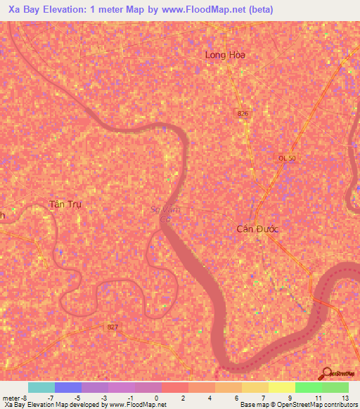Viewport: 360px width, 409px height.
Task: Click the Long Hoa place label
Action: [224, 54]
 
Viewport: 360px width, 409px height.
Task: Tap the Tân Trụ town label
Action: [66, 204]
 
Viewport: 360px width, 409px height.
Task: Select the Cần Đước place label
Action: [257, 229]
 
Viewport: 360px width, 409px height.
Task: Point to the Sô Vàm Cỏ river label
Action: [167, 214]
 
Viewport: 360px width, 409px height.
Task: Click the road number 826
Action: [243, 114]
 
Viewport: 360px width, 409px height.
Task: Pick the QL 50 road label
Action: [287, 159]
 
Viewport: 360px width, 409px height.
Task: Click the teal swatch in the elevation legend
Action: [41, 387]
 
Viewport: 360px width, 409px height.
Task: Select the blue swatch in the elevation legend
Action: [68, 387]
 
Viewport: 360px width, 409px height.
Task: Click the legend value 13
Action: [345, 398]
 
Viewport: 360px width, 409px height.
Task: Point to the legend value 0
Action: [155, 398]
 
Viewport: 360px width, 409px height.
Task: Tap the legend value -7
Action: [49, 398]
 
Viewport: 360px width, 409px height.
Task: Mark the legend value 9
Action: [290, 398]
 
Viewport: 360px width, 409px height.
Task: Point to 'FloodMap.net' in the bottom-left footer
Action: [145, 405]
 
